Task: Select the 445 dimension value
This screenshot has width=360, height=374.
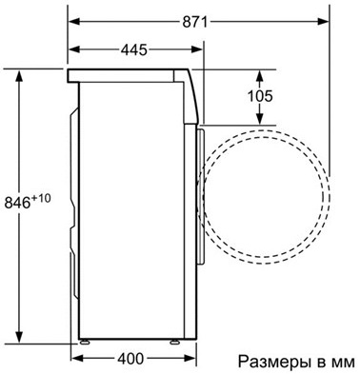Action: point(140,49)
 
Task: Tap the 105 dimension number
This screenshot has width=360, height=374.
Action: point(259,95)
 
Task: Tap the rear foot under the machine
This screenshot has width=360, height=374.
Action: point(85,340)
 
